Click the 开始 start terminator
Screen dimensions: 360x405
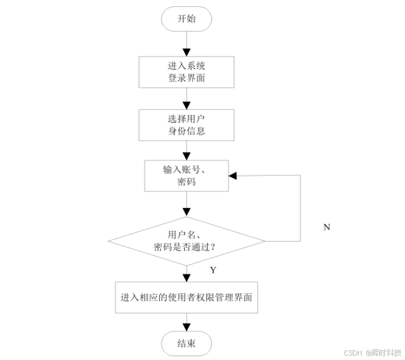coord(186,19)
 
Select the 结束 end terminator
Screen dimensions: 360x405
coord(186,343)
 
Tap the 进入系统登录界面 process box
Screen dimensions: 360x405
coord(186,72)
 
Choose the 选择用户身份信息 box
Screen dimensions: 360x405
coord(186,125)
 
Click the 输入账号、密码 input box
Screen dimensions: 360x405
coord(186,175)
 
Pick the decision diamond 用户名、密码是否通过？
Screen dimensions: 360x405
coord(186,240)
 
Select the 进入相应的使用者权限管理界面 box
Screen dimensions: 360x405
coord(186,297)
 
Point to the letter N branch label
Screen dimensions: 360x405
coord(327,227)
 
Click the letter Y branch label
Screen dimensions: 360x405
coord(213,270)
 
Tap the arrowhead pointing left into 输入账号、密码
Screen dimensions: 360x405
coord(234,175)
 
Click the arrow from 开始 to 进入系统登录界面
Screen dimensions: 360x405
coord(186,43)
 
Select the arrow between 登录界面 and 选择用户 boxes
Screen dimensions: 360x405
coord(186,98)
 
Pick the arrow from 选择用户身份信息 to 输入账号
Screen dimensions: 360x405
coord(186,149)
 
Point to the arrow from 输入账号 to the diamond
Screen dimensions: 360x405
coord(186,204)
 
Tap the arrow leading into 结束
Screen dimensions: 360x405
coord(186,321)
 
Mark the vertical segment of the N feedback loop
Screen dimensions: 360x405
coord(300,208)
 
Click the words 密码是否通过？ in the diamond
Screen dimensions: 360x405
coord(186,247)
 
